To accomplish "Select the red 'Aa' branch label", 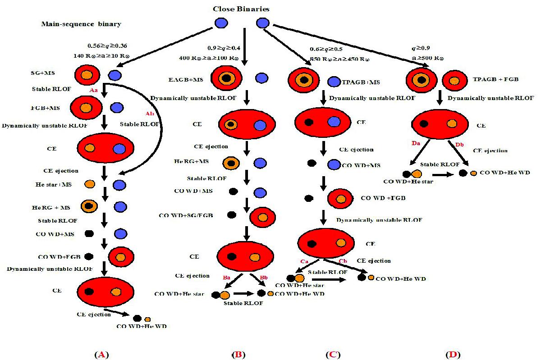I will [x=94, y=91].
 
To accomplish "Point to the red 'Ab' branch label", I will [x=149, y=114].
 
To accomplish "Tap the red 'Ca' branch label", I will [x=303, y=261].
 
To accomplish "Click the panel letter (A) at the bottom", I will [x=101, y=355].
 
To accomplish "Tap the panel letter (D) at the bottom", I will [x=453, y=355].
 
